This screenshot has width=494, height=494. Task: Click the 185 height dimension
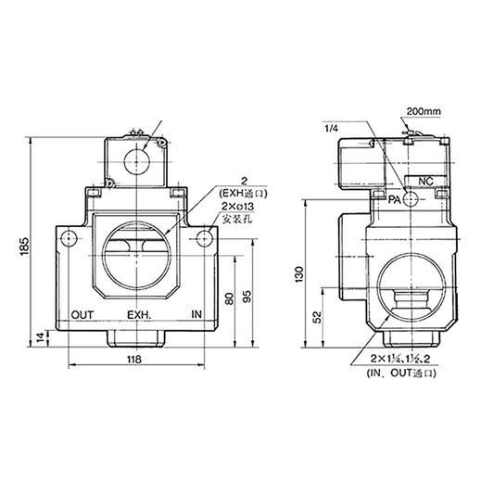pyautogui.click(x=21, y=246)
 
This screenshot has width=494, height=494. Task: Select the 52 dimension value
pyautogui.click(x=318, y=316)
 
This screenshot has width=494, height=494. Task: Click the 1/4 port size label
pyautogui.click(x=332, y=129)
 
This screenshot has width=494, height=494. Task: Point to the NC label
pyautogui.click(x=427, y=180)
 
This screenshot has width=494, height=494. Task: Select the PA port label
pyautogui.click(x=395, y=199)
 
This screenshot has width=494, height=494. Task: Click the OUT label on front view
pyautogui.click(x=82, y=314)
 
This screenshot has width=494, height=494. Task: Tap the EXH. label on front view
pyautogui.click(x=139, y=314)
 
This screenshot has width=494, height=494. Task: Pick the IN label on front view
pyautogui.click(x=196, y=314)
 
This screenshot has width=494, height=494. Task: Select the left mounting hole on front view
pyautogui.click(x=66, y=240)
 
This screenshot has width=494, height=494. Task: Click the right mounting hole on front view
pyautogui.click(x=203, y=240)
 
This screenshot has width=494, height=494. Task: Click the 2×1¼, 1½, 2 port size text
pyautogui.click(x=401, y=358)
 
